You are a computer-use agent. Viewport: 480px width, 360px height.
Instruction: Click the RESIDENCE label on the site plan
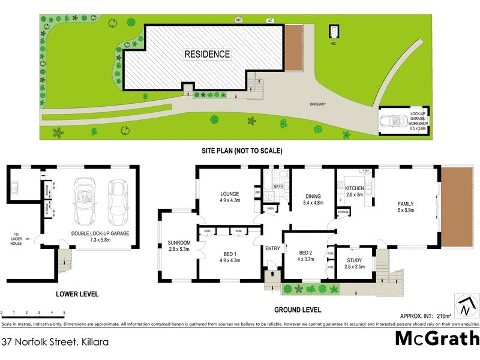(x=206, y=54)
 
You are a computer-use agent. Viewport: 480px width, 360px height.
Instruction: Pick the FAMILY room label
(x=406, y=203)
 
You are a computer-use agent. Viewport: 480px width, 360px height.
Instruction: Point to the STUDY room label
(x=355, y=260)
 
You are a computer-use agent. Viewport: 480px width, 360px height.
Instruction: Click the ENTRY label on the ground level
(x=272, y=248)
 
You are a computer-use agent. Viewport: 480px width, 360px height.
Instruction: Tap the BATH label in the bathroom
(x=278, y=187)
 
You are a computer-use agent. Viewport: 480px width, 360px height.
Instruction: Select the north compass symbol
(x=464, y=306)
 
